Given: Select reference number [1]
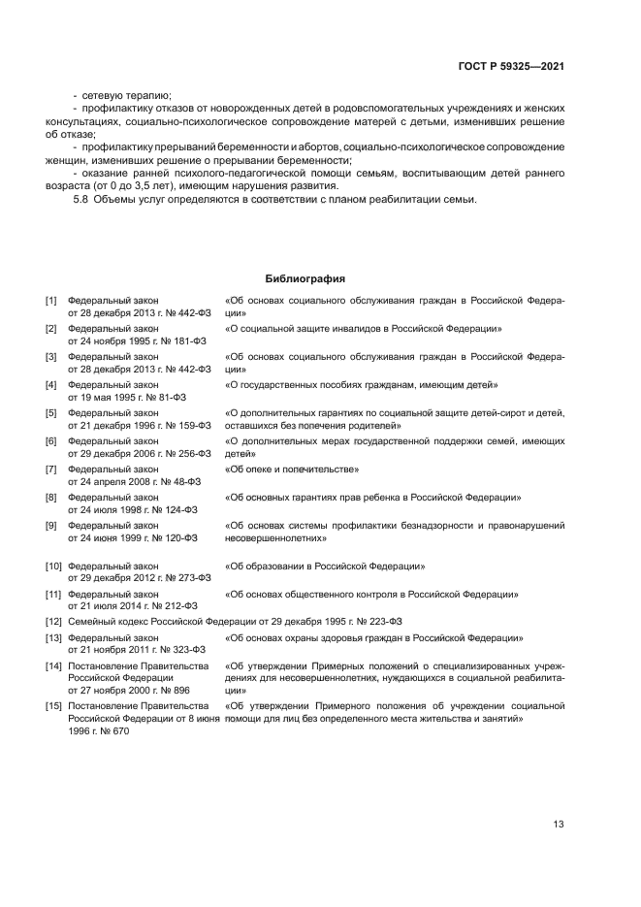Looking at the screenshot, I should point(51,302).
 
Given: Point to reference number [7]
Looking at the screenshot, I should point(51,470).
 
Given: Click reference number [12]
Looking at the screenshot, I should point(53,621).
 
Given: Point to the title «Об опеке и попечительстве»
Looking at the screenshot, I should point(292,470).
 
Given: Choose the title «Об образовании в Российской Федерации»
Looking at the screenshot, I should point(324,566).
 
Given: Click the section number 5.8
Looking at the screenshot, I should point(81,200).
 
